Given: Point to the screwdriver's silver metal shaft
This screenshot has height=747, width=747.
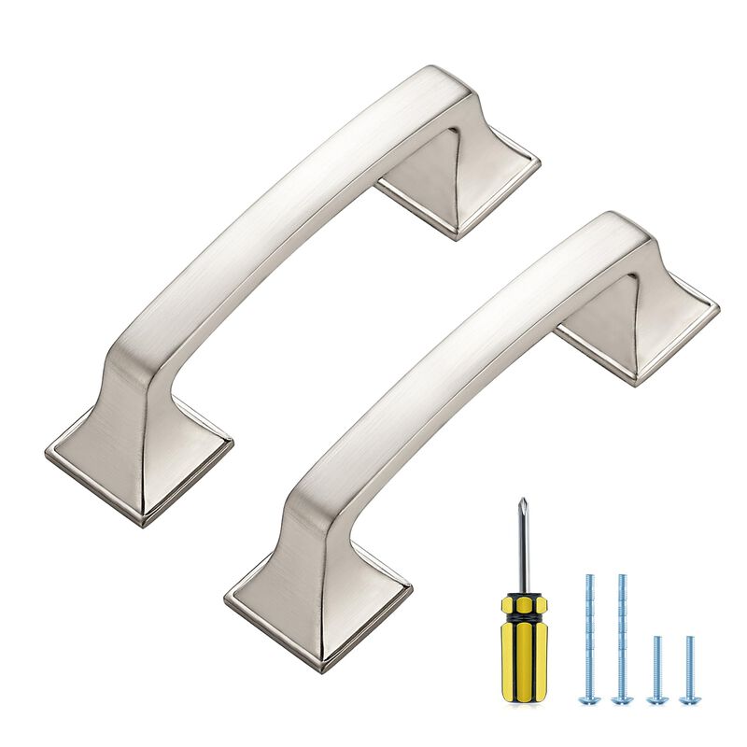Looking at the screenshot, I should click(523, 551).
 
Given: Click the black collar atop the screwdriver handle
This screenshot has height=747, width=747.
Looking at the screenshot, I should click(523, 598).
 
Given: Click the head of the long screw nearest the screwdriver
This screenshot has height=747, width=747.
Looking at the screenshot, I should click(590, 698).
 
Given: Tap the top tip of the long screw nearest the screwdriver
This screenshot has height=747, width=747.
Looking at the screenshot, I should click(590, 577).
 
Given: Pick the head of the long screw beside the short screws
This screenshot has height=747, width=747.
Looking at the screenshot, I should click(622, 698).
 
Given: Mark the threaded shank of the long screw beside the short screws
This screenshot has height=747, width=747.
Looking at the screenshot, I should click(622, 635).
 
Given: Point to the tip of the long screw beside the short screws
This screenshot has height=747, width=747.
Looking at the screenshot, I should click(622, 577).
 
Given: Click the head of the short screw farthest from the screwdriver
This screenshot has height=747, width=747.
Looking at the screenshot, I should click(689, 698).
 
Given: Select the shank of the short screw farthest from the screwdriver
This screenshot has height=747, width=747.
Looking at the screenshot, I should click(689, 665).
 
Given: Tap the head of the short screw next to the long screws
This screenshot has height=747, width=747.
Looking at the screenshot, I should click(657, 698).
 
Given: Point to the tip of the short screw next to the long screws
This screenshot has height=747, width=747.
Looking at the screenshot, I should click(657, 639).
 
